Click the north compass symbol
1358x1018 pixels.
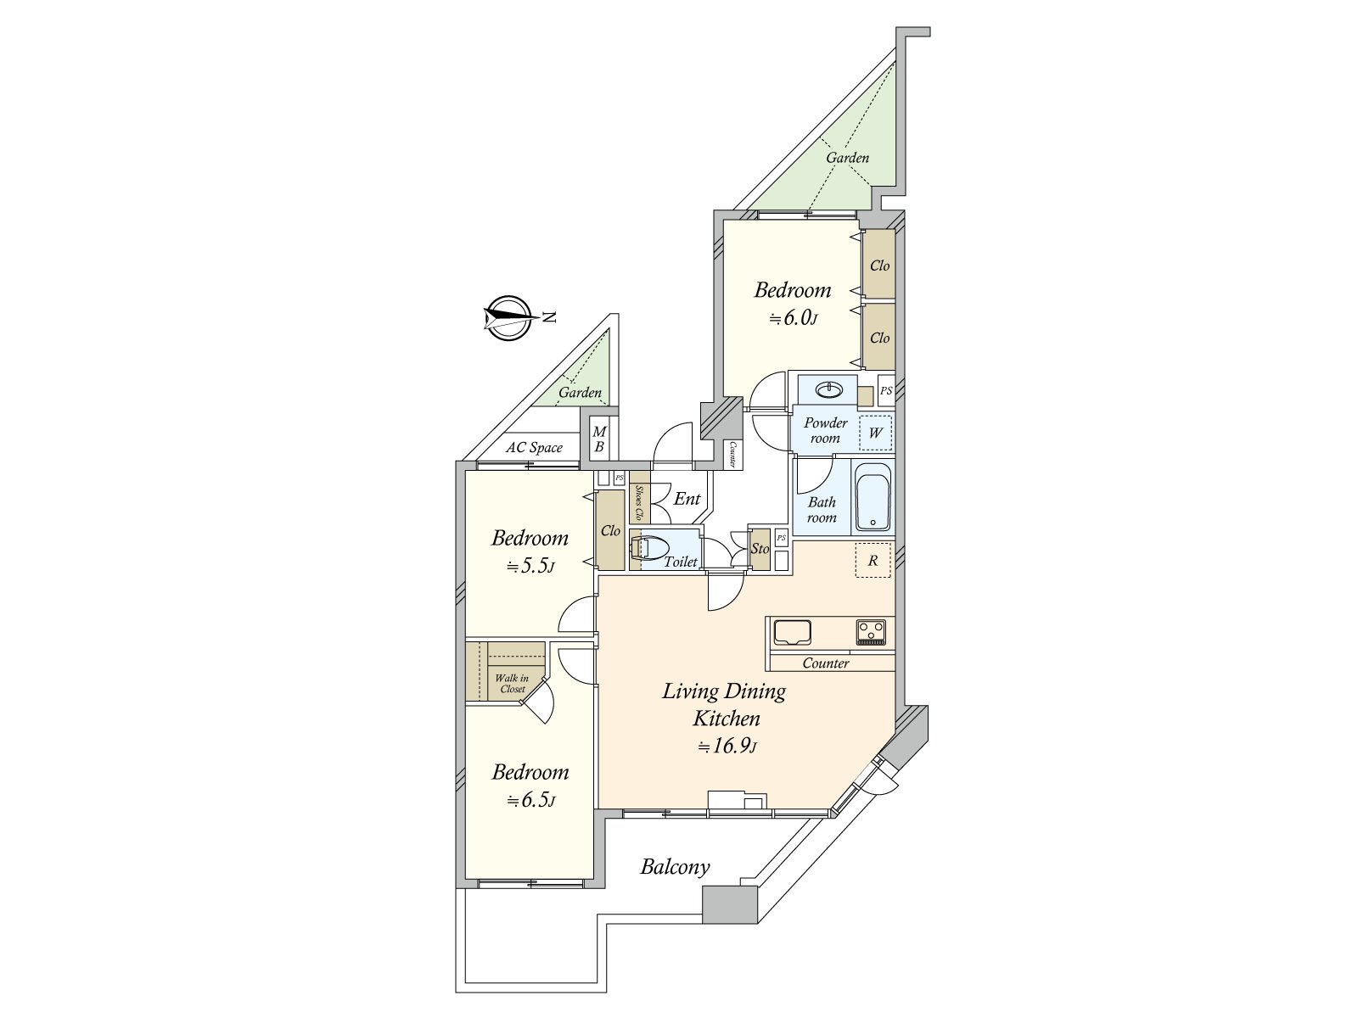(508, 317)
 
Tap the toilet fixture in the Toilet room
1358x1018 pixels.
(649, 548)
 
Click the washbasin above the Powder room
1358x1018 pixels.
(828, 389)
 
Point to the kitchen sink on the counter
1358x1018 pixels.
(792, 632)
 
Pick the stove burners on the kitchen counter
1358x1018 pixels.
(871, 632)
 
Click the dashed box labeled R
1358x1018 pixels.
(873, 560)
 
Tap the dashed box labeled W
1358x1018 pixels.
(875, 433)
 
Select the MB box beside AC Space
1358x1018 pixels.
(599, 439)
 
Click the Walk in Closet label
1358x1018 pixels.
(513, 683)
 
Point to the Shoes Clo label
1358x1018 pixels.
(639, 502)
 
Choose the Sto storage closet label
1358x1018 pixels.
(760, 548)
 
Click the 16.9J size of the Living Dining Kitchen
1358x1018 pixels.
(727, 746)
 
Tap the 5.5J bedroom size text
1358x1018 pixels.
(530, 566)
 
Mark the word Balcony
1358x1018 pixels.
(675, 867)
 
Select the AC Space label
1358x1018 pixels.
(534, 448)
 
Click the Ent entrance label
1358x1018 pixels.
(687, 499)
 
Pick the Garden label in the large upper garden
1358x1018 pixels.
(848, 158)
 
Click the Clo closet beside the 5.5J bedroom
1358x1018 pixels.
(610, 530)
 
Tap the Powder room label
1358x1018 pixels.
(825, 430)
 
